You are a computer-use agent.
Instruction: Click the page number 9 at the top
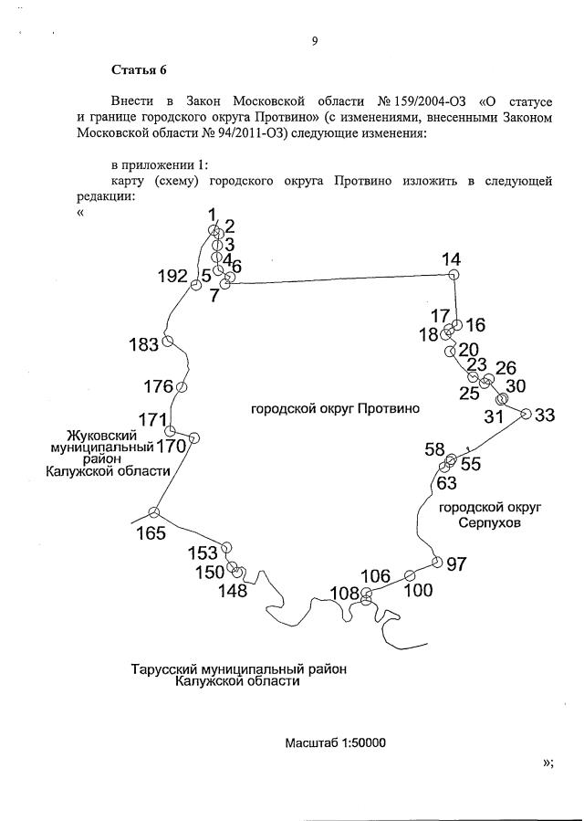click(314, 39)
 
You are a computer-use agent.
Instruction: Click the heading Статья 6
click(138, 69)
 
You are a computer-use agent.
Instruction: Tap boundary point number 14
click(451, 259)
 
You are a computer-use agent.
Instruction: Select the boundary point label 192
click(172, 277)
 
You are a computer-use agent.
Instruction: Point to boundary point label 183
click(144, 344)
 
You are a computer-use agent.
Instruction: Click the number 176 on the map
click(158, 385)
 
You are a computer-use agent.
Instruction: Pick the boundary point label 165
click(151, 533)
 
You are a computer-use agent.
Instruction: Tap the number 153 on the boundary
click(203, 553)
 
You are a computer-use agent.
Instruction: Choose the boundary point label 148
click(233, 591)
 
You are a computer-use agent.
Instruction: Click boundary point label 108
click(345, 594)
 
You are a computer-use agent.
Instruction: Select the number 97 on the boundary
click(456, 564)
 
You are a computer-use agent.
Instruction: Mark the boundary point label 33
click(545, 416)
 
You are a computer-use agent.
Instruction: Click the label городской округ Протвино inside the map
click(335, 409)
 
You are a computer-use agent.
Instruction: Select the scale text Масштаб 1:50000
click(336, 742)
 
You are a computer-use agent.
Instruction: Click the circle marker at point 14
click(453, 275)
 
